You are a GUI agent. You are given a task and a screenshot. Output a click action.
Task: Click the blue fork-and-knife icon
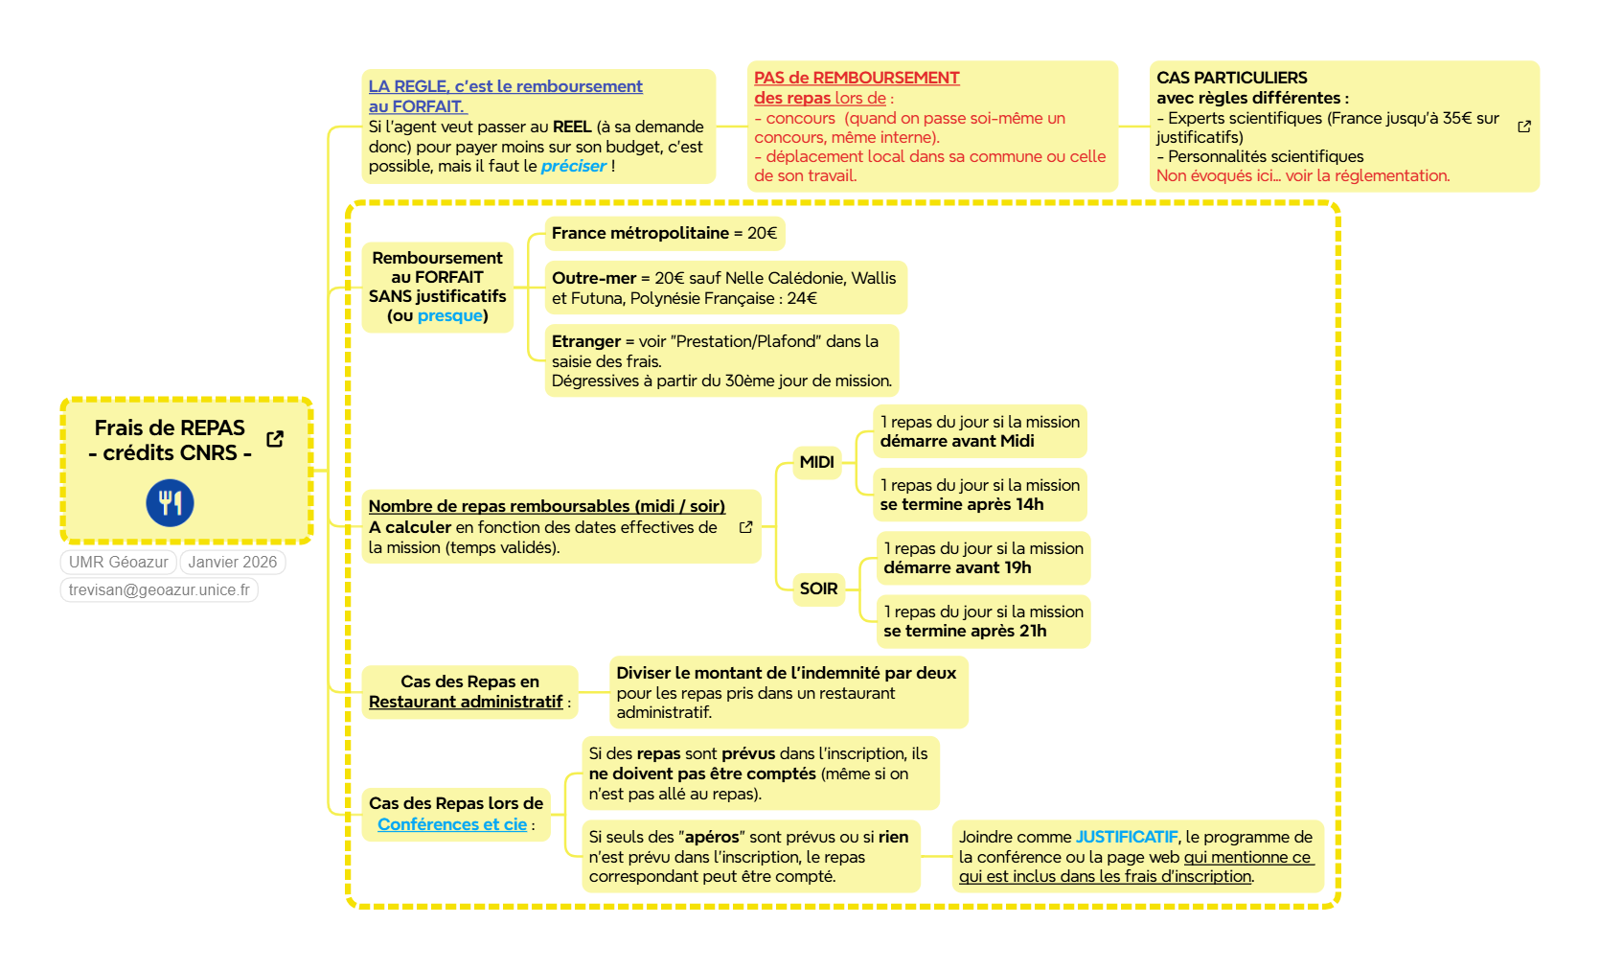(170, 503)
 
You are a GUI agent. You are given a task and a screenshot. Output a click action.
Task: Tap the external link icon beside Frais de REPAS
(275, 439)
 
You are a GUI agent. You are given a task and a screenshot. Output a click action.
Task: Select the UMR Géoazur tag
(119, 563)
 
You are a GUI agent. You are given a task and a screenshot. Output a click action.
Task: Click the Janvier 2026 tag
(233, 563)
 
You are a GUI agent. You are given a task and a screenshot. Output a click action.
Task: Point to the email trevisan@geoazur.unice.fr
(159, 590)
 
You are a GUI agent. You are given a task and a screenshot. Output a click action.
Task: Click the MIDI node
(816, 463)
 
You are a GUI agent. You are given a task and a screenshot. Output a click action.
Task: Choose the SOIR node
(818, 589)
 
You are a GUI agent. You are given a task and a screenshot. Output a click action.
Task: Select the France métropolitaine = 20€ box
(664, 234)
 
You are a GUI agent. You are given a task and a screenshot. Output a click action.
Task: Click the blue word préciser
(573, 167)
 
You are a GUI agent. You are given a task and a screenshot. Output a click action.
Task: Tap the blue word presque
(449, 316)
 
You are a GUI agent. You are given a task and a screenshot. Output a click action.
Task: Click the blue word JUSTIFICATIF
(1126, 838)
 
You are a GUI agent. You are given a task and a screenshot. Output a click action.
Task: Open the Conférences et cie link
(452, 825)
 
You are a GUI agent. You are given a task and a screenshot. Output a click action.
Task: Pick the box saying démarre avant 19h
(983, 558)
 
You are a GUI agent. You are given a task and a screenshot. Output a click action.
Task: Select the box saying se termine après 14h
(979, 495)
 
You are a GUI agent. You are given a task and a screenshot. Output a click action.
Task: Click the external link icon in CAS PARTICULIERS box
(1524, 127)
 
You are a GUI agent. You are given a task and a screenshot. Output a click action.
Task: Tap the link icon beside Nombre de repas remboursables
(745, 527)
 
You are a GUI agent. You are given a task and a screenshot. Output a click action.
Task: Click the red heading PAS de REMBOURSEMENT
(857, 79)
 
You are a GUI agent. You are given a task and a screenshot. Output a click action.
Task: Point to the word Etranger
(586, 342)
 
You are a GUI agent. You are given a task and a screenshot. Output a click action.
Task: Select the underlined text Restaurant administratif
(466, 703)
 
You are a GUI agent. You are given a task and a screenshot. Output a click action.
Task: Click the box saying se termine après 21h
(983, 621)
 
